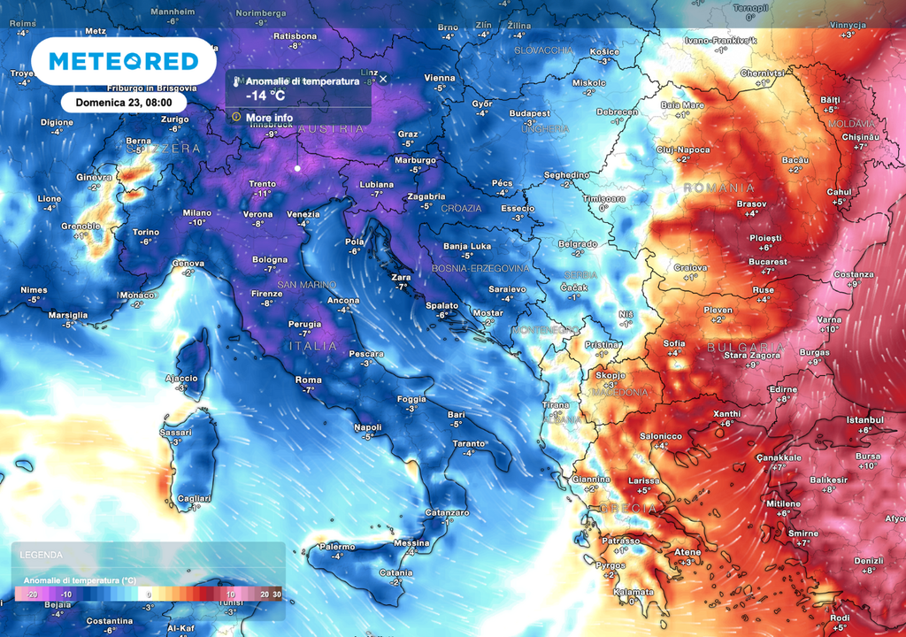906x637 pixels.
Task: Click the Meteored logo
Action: point(123,61)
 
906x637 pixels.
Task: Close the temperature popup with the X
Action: point(383,79)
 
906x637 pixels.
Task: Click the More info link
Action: point(269,117)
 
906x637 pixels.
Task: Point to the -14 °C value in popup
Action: point(265,96)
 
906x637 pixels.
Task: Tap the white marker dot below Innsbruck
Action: point(297,168)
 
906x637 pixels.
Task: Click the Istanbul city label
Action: point(864,419)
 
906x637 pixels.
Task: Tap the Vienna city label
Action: point(440,78)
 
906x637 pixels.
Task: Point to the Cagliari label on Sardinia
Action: point(195,497)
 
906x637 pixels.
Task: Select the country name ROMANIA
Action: point(719,188)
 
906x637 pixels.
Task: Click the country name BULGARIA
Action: point(746,348)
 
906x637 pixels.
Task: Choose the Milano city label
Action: point(196,212)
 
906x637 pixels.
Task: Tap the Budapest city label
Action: point(529,113)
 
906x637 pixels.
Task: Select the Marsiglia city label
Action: point(68,315)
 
